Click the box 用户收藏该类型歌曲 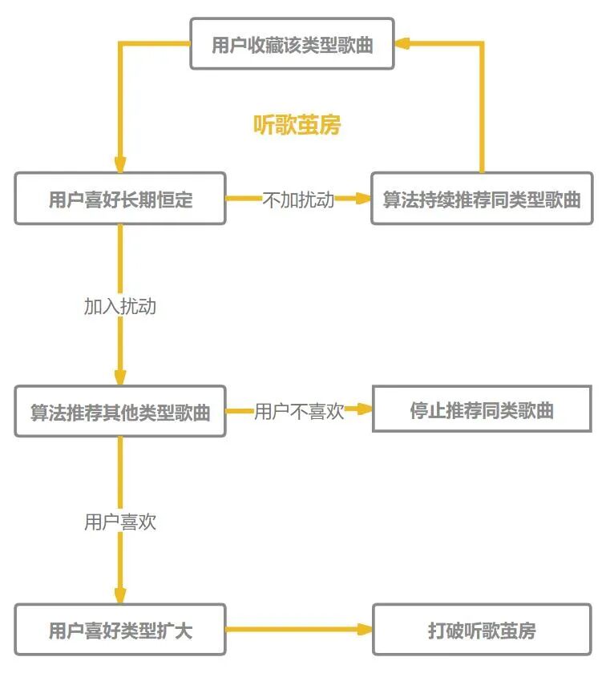pos(292,44)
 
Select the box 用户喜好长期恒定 pos(120,199)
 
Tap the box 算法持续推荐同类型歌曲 pos(481,199)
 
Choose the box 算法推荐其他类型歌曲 pos(120,412)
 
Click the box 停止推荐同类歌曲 pos(482,410)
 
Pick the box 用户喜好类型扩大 pos(120,631)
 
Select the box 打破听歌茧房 pos(482,631)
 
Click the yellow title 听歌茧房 pos(297,125)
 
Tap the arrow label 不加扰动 pos(298,199)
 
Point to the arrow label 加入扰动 pos(120,306)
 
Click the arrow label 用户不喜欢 pos(299,412)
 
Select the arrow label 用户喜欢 pos(120,522)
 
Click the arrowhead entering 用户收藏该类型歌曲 pos(402,44)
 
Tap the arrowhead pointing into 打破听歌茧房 pos(366,631)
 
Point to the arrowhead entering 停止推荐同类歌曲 pos(366,410)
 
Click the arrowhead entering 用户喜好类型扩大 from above pos(120,596)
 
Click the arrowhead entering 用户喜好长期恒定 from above pos(120,164)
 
